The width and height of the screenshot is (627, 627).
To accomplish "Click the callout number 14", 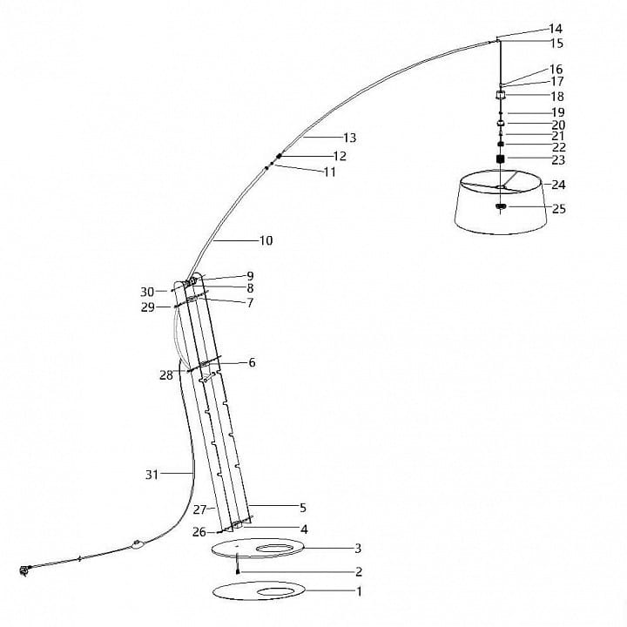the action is pyautogui.click(x=556, y=29).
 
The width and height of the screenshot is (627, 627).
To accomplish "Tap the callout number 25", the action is pyautogui.click(x=558, y=209).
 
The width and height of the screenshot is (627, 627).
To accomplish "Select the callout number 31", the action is pyautogui.click(x=152, y=475).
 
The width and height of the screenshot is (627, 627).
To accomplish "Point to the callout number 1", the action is pyautogui.click(x=359, y=591).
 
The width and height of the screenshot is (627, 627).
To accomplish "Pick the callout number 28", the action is pyautogui.click(x=166, y=375).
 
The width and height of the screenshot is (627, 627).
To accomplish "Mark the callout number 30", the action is pyautogui.click(x=147, y=292).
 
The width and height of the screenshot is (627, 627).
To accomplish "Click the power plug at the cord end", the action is pyautogui.click(x=24, y=570).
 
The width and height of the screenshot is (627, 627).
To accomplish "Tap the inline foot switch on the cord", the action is pyautogui.click(x=138, y=543).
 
